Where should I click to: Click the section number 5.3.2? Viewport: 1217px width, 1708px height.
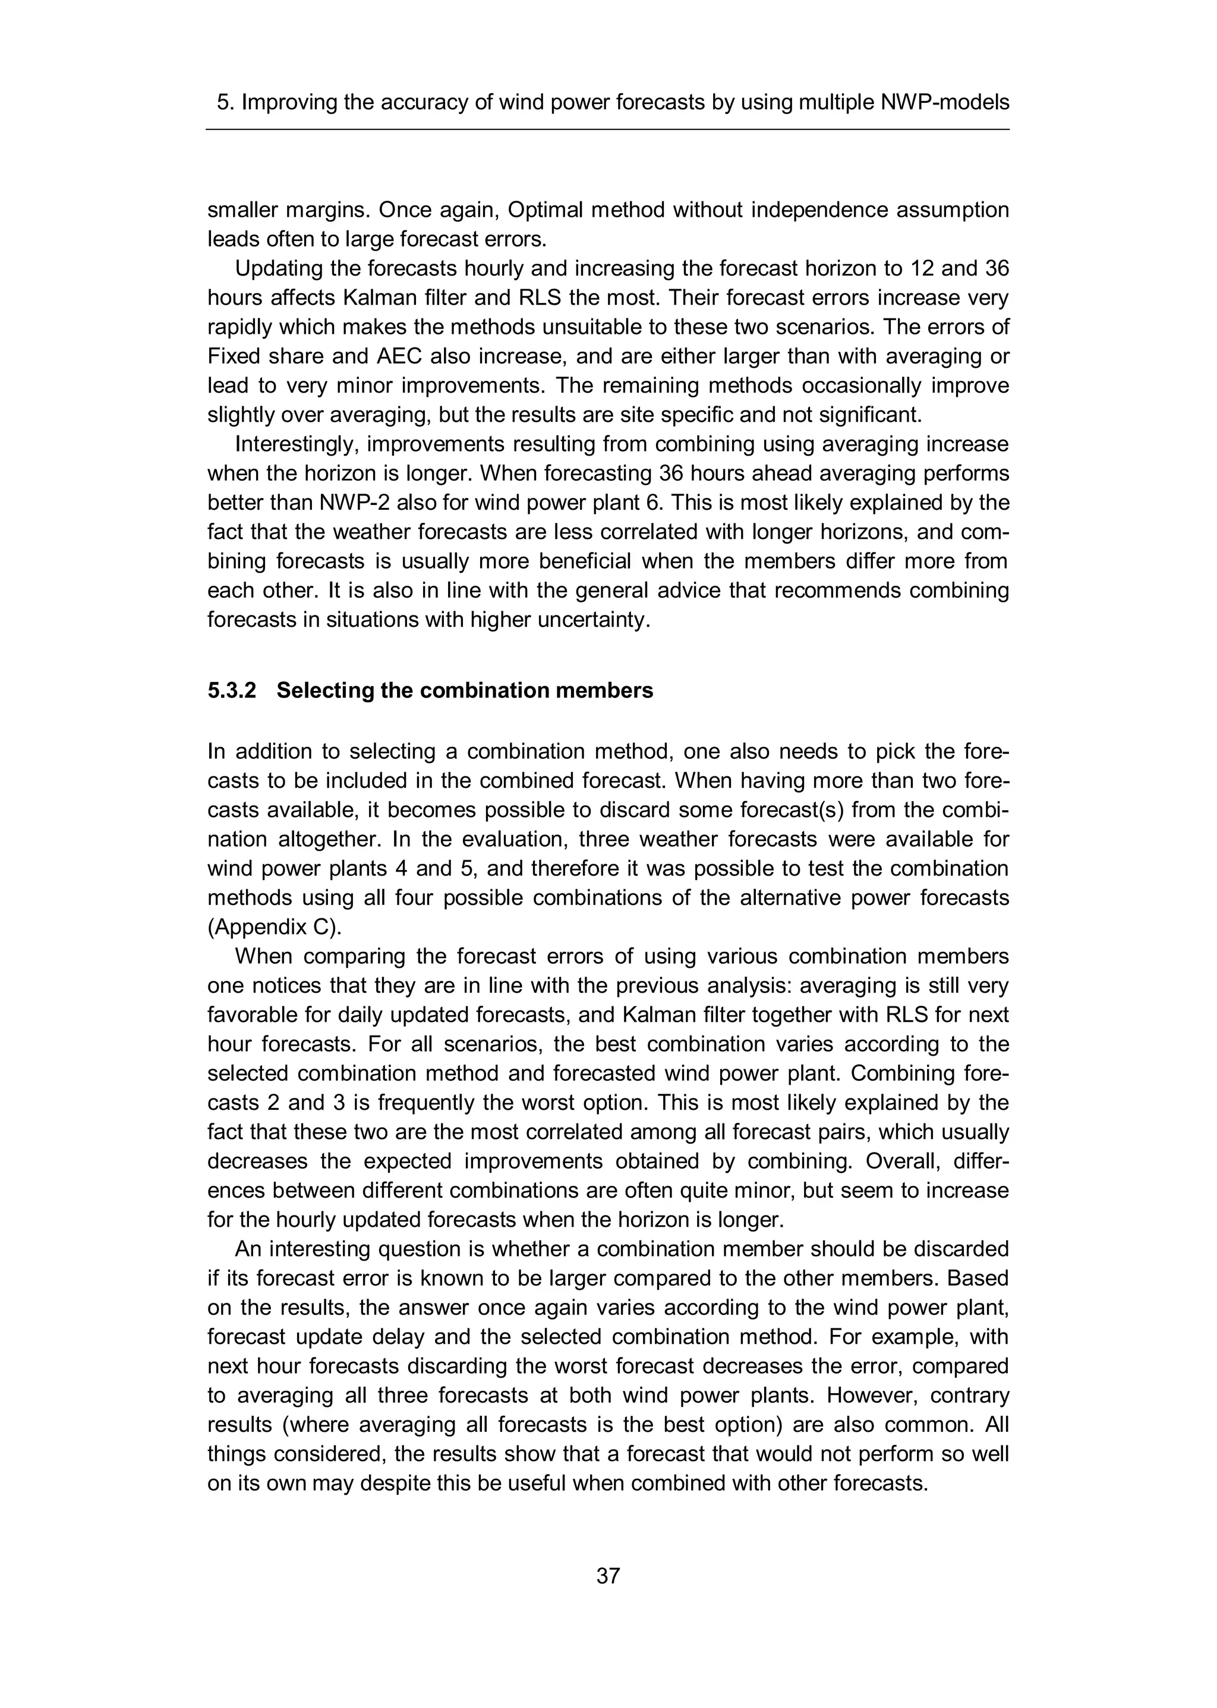pyautogui.click(x=232, y=690)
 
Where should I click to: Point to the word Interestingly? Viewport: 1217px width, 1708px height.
pyautogui.click(x=297, y=444)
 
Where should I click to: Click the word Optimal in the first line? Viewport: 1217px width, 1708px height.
pyautogui.click(x=545, y=210)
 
